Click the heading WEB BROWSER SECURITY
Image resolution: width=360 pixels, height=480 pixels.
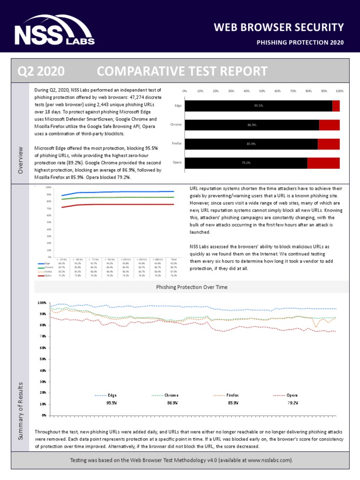[279, 27]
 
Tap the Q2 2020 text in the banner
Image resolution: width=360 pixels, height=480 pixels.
[41, 71]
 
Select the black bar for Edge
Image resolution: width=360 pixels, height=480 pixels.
[258, 106]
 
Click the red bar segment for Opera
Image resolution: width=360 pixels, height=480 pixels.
[323, 163]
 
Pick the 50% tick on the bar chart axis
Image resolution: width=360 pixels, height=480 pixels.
[262, 91]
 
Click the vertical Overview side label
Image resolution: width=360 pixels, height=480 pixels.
[20, 160]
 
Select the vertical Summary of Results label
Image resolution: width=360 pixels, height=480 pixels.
[20, 411]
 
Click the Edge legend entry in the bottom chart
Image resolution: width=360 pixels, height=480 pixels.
[112, 395]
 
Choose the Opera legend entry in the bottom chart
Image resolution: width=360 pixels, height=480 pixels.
[292, 395]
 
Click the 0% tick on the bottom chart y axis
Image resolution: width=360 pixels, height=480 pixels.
[43, 415]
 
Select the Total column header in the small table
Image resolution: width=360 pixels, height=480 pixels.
[174, 259]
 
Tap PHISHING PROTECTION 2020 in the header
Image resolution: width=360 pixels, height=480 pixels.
[300, 43]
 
